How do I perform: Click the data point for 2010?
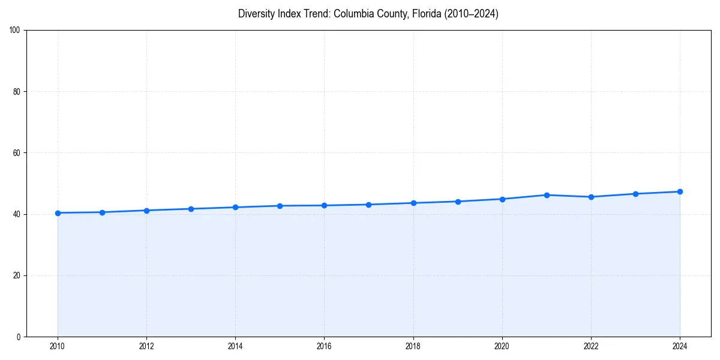pos(58,213)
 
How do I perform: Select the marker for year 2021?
pos(547,195)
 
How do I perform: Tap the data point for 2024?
pos(680,191)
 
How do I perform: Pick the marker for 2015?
pos(280,206)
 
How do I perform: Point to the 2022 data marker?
pos(591,197)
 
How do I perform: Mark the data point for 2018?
pos(413,203)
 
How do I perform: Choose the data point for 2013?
pos(191,209)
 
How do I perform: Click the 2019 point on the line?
pos(458,202)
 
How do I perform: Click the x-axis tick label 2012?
pos(146,346)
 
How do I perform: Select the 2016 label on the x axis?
pos(324,346)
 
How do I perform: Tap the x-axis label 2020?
pos(502,346)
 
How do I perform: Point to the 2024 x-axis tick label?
pos(680,346)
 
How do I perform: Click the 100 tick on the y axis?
pos(16,31)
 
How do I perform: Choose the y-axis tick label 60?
pos(17,153)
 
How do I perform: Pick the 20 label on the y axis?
pos(17,275)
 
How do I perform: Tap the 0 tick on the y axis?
pos(19,337)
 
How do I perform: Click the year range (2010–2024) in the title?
pos(471,14)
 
